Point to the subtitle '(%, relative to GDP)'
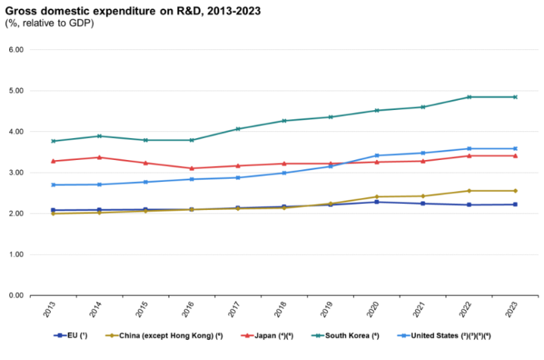49,23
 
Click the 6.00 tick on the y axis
16,50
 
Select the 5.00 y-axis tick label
16,91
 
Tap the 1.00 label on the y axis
16,255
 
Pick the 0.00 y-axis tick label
16,295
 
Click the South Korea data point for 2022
469,97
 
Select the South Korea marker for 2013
53,141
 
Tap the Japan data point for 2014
99,157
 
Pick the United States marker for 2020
377,155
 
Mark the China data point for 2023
515,191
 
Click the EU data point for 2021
423,203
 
